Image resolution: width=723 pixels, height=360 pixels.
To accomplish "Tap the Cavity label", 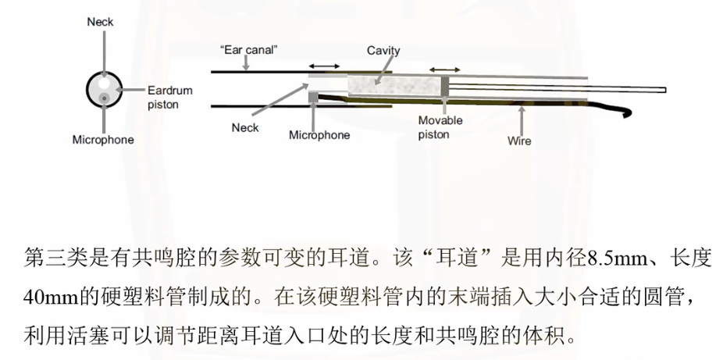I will coord(383,51).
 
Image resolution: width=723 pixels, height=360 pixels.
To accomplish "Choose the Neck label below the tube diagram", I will coord(245,127).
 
